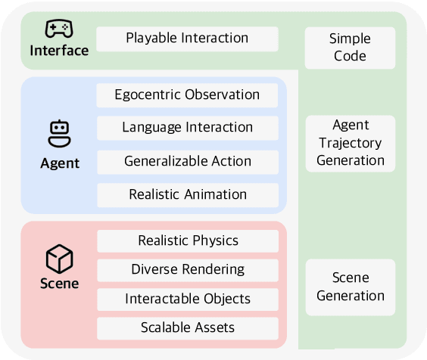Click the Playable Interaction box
pyautogui.click(x=187, y=39)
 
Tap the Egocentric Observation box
pyautogui.click(x=187, y=95)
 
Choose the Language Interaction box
pyautogui.click(x=187, y=128)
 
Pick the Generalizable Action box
pyautogui.click(x=187, y=161)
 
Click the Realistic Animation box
pyautogui.click(x=187, y=194)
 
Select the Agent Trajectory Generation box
pyautogui.click(x=351, y=143)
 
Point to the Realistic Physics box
pyautogui.click(x=187, y=241)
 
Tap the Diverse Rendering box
pyautogui.click(x=187, y=269)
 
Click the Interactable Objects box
pyautogui.click(x=187, y=299)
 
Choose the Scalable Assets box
pyautogui.click(x=187, y=327)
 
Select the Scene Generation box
pyautogui.click(x=351, y=287)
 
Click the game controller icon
pyautogui.click(x=59, y=29)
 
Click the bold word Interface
pyautogui.click(x=59, y=51)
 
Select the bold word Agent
pyautogui.click(x=59, y=163)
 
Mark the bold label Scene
pyautogui.click(x=59, y=284)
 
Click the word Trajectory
pyautogui.click(x=351, y=143)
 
